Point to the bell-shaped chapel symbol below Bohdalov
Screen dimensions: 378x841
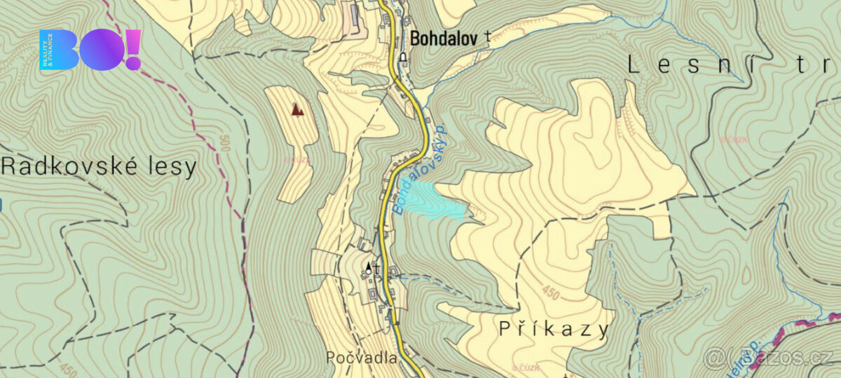pyautogui.click(x=403, y=58)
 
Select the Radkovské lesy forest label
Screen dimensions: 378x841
pyautogui.click(x=99, y=167)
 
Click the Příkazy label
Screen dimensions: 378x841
pyautogui.click(x=554, y=329)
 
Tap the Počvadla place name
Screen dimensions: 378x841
pyautogui.click(x=361, y=357)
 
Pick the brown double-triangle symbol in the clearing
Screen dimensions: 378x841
pyautogui.click(x=298, y=109)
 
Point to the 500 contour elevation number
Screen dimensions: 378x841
pyautogui.click(x=224, y=145)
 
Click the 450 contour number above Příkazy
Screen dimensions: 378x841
pyautogui.click(x=551, y=293)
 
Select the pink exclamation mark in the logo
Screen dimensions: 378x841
pyautogui.click(x=133, y=49)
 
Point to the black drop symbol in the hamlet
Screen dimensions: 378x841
pyautogui.click(x=369, y=266)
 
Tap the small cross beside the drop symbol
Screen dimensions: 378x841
pyautogui.click(x=377, y=268)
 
